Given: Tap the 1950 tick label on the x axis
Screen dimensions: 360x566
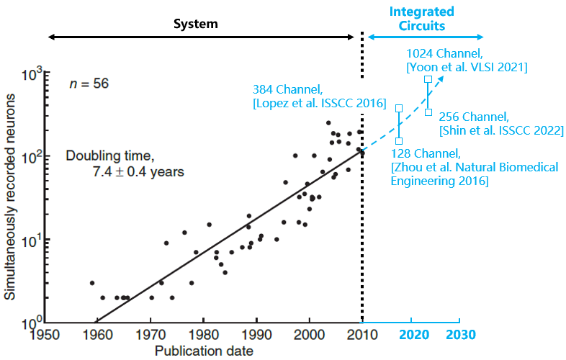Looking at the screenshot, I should click(45, 335).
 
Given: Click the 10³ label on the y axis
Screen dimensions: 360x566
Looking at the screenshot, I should click(33, 73).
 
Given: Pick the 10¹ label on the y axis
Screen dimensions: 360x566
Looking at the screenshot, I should click(33, 239).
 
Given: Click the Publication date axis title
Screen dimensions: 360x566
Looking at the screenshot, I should click(204, 351).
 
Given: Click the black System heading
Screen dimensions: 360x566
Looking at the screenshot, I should click(194, 24).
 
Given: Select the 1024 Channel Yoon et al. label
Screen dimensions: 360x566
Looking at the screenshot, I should click(467, 60).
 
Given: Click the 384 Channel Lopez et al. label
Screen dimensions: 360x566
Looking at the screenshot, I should click(318, 96).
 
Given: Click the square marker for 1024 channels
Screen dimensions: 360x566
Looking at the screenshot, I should click(428, 79).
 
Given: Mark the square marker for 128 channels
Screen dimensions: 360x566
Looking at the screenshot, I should click(399, 141).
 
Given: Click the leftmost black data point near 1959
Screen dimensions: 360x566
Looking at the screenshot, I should click(92, 283).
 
